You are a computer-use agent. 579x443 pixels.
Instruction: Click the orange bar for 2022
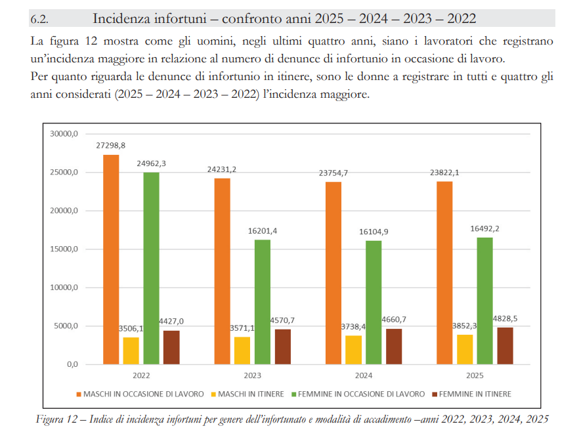click(x=112, y=259)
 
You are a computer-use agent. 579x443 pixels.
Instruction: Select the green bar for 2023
click(x=263, y=302)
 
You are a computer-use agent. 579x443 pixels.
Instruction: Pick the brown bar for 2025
click(x=505, y=346)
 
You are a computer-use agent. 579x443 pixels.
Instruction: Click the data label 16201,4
click(x=263, y=231)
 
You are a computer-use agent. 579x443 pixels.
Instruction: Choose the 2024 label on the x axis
click(x=364, y=375)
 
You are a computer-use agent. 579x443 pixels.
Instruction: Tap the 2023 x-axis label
click(x=253, y=375)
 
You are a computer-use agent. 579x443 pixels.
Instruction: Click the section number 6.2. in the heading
click(x=41, y=18)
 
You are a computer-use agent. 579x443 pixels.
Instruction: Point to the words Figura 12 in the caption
click(x=58, y=419)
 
